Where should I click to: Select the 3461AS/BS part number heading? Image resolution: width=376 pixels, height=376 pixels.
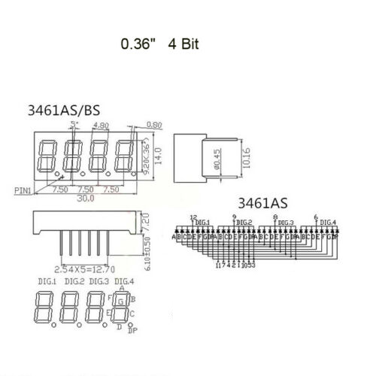click(64, 110)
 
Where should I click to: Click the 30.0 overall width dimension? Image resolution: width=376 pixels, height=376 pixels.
click(88, 199)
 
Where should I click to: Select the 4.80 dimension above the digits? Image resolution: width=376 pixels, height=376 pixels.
click(100, 127)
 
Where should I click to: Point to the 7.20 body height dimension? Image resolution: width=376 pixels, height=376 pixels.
click(148, 223)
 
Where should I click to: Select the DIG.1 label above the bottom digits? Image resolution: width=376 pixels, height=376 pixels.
click(45, 281)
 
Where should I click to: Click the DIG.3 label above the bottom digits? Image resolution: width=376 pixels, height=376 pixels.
click(98, 281)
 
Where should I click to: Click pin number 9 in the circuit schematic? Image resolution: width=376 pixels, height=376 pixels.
click(235, 217)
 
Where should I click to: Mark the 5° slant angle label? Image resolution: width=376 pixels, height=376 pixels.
click(72, 123)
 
